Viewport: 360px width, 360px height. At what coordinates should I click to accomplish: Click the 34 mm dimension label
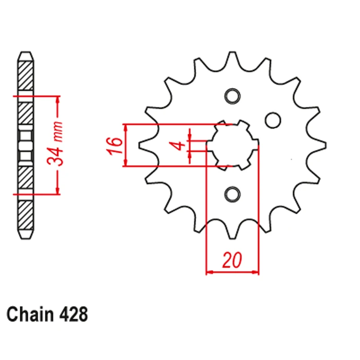55,144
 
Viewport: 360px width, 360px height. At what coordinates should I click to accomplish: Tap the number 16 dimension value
114,145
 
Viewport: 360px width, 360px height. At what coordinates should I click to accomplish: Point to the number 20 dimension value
232,260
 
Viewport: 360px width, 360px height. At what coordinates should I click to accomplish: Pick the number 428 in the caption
74,315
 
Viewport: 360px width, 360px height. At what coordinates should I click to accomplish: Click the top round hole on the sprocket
232,96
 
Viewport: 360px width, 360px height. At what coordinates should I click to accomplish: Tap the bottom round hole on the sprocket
232,194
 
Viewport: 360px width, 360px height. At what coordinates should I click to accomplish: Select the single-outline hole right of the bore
273,120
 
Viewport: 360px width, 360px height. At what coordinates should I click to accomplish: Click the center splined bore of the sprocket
232,145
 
